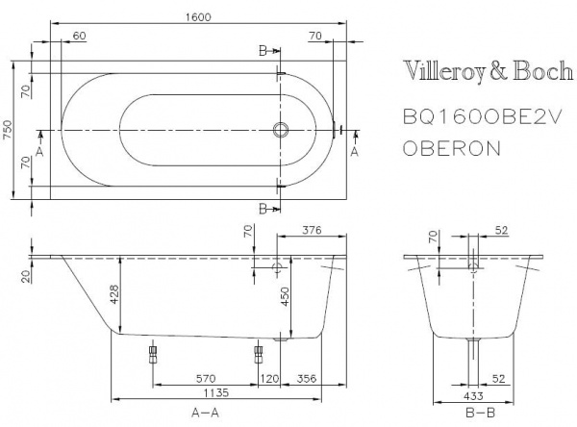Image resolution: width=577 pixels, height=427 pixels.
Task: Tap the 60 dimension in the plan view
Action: [x=79, y=36]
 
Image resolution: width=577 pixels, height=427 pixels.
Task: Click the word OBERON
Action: [x=449, y=148]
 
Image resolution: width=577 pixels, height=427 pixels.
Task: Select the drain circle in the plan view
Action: [x=281, y=131]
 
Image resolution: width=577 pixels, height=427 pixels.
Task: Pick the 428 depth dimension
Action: [x=113, y=293]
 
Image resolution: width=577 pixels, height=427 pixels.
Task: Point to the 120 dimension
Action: [x=269, y=376]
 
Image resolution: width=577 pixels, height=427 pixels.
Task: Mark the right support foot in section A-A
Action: [x=257, y=352]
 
